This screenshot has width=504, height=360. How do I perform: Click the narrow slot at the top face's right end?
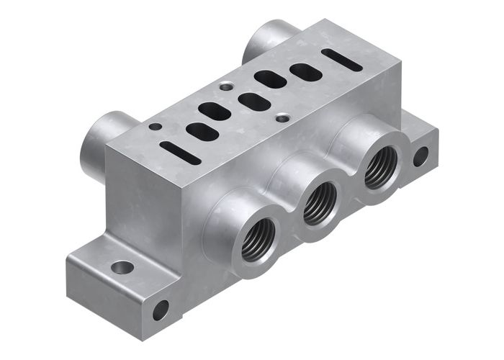coord(342,59)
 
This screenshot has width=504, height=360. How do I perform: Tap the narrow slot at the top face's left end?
coord(180,152)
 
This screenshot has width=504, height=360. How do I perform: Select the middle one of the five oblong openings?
coord(254,102)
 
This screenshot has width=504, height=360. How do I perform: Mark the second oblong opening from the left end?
coord(215,111)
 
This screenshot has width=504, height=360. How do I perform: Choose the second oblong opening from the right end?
coord(271,78)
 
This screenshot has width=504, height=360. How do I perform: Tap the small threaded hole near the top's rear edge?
coord(227,86)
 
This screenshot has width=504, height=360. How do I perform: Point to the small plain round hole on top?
coord(155,127)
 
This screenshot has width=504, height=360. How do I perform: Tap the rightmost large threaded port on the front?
coord(378,169)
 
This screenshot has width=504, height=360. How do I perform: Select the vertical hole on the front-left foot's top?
coord(122,268)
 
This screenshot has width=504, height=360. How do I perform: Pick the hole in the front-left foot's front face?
coord(160,310)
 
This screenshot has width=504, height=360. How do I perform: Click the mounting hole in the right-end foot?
coord(420,156)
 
